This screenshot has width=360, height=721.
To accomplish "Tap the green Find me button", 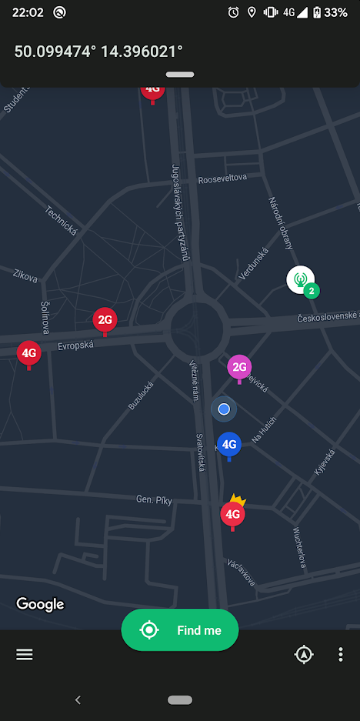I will (x=180, y=630).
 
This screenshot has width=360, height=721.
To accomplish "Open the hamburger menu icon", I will (x=25, y=654).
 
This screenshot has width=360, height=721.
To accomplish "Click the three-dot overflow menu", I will (x=341, y=655).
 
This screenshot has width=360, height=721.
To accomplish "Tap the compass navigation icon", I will (x=305, y=655).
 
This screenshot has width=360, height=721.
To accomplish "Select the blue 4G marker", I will (x=228, y=444).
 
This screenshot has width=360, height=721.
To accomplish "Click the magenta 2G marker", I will (x=239, y=367).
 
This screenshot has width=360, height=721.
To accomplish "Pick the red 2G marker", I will (x=105, y=319).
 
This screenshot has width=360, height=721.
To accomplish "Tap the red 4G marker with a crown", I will (x=232, y=513).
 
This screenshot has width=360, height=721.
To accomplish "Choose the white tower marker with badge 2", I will (x=301, y=279).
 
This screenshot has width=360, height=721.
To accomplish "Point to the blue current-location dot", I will (x=224, y=409).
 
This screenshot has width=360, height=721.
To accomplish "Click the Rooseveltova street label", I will (x=222, y=178).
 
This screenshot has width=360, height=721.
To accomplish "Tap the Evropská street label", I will (x=75, y=346).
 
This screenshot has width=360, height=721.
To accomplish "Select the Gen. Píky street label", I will (x=154, y=499).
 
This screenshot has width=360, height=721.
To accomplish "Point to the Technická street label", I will (x=62, y=220).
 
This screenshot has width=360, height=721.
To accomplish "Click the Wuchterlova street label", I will (x=301, y=548).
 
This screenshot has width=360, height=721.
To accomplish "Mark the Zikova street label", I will (x=25, y=275).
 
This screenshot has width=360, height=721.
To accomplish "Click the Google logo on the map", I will (x=40, y=604).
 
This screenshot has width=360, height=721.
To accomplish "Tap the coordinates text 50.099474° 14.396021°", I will (x=98, y=52).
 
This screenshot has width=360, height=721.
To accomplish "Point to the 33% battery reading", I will (x=335, y=12).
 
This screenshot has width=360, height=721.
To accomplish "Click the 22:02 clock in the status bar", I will (x=28, y=12).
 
